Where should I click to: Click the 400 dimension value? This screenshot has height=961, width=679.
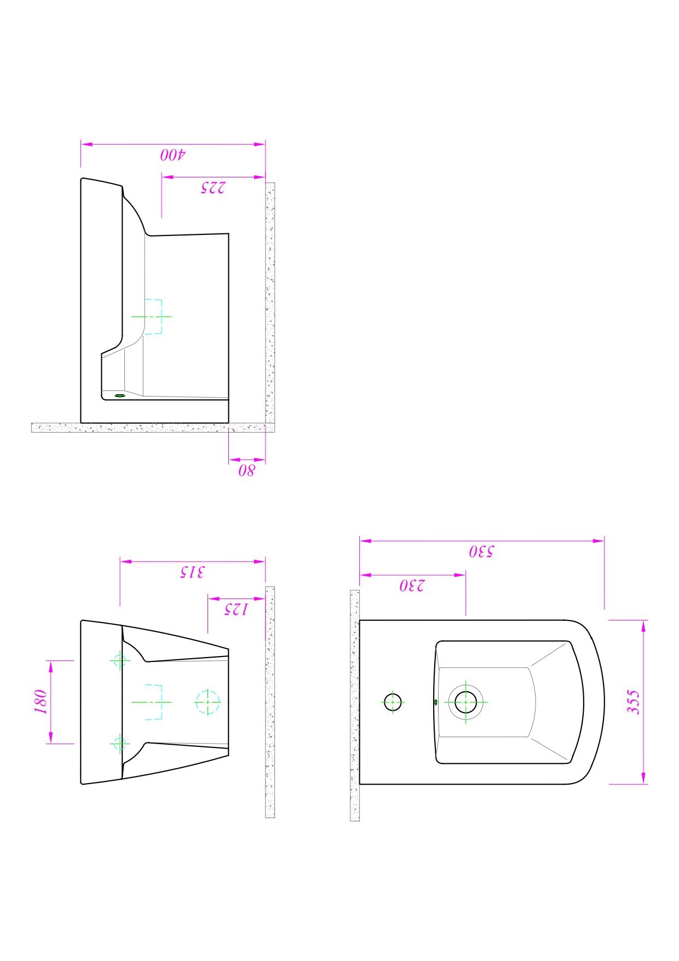click(173, 154)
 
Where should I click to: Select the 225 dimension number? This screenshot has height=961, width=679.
click(212, 187)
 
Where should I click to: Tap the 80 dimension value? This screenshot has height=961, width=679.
click(246, 470)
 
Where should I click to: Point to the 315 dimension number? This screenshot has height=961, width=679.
click(192, 572)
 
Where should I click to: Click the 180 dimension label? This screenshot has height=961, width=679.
click(41, 701)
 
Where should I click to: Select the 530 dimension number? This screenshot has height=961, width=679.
click(481, 551)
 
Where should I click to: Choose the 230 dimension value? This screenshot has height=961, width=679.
click(412, 585)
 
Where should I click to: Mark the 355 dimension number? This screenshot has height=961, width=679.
click(632, 701)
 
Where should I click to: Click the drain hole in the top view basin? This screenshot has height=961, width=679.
click(465, 701)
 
